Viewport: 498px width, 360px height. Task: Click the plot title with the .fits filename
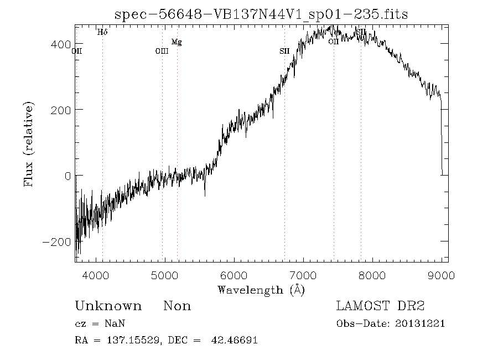(x=261, y=14)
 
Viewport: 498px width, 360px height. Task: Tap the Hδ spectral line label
(x=102, y=32)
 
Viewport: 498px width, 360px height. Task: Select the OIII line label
(x=162, y=52)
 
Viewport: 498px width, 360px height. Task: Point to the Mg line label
(x=177, y=42)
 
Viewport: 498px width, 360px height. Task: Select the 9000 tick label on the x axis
(x=442, y=275)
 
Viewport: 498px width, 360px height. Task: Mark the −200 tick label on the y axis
(x=56, y=242)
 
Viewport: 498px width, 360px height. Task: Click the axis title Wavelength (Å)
(x=261, y=290)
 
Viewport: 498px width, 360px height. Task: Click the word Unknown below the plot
(x=108, y=306)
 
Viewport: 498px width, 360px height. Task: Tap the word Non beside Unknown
(x=177, y=306)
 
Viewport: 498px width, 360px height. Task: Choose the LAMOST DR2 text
(x=380, y=306)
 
